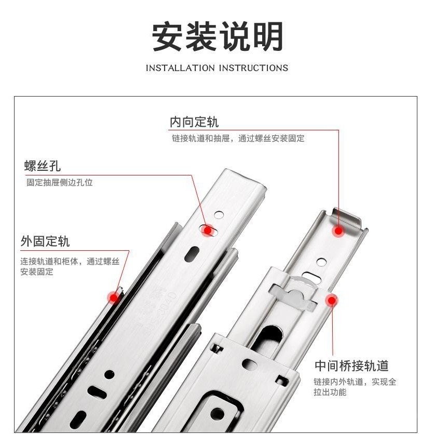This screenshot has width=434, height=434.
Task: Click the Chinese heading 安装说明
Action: pos(218,36)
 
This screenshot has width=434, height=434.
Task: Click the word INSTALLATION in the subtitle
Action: pos(180,68)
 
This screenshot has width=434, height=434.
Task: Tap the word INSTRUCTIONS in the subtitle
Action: pos(253,68)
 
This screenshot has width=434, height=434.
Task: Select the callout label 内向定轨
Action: pos(194,122)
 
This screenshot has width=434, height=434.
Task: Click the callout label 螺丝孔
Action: pos(43,166)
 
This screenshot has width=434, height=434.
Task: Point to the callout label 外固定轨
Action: pos(45,241)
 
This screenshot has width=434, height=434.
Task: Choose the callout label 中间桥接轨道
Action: pos(351,365)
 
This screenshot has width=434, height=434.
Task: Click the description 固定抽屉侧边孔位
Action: pos(60,182)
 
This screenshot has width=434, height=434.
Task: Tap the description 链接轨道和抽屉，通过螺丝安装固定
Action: pos(238,138)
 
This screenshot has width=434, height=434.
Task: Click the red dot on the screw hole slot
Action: pos(207,230)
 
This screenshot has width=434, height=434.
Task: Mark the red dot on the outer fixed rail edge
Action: pos(114,298)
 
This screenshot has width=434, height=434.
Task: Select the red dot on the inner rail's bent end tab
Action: pos(338,230)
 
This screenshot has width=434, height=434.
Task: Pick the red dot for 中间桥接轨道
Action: pos(332,300)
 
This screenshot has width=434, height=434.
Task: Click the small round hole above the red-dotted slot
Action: pos(219,214)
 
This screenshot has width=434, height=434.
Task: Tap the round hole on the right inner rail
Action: pos(321,262)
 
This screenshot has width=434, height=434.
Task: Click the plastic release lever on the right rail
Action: pos(293,295)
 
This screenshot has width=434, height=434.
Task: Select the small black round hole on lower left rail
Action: pos(110,374)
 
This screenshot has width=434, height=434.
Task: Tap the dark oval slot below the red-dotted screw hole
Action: pos(192,254)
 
